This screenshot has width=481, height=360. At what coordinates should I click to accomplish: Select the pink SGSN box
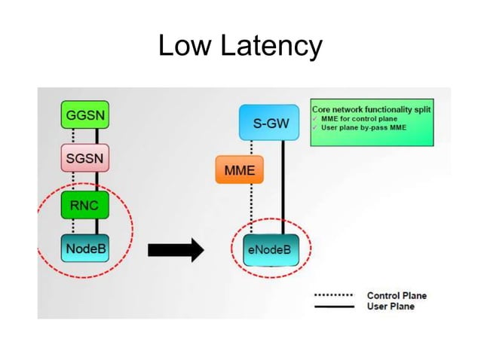coord(84,160)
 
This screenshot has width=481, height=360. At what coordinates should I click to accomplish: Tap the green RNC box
coord(84,204)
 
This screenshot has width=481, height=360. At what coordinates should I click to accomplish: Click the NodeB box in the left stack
coord(84,249)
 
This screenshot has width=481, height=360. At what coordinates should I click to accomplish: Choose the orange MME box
coord(239,170)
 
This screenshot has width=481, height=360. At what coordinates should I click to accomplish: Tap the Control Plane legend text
coord(396,295)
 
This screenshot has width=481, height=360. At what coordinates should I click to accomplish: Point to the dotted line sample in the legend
coord(333,295)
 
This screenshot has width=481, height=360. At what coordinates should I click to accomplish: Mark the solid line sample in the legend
coord(333,307)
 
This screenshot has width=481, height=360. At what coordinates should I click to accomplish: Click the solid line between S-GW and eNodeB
coord(284,188)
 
